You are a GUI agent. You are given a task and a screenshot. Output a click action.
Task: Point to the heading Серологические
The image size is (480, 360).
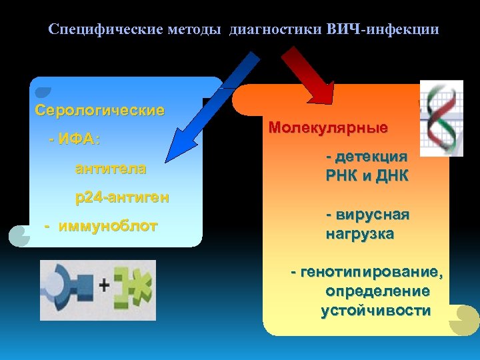99,110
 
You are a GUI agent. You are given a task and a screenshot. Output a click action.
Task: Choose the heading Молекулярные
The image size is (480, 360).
328,127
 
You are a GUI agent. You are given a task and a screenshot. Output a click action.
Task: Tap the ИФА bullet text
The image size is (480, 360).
75,140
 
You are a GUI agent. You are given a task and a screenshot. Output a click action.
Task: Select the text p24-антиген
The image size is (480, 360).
121,197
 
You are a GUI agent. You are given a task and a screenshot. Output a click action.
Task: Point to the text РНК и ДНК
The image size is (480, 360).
367,176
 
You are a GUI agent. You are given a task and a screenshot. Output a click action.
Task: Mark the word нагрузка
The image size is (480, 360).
360,234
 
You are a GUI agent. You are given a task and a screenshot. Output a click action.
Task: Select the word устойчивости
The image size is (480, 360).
375,311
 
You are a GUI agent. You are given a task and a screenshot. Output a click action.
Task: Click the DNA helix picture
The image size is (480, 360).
441,118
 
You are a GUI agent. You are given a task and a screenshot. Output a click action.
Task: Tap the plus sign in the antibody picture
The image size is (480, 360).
105,286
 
